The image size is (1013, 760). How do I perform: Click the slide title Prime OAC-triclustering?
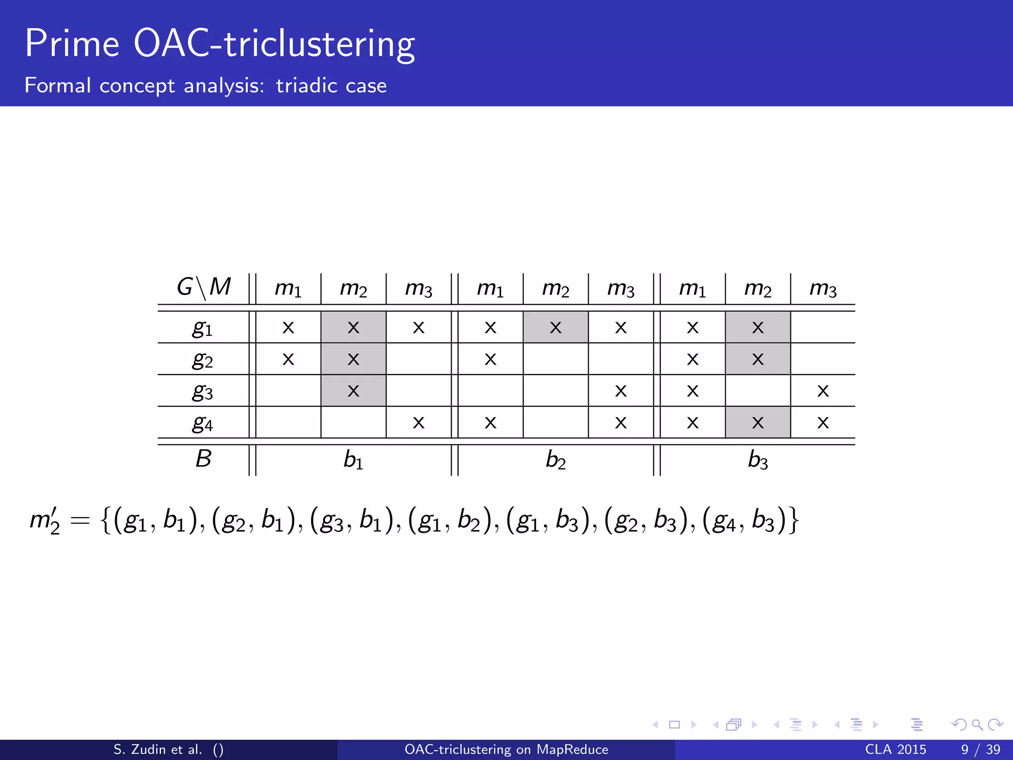click(220, 45)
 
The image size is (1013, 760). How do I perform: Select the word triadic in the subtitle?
click(307, 86)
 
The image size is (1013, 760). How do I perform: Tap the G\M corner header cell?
click(203, 287)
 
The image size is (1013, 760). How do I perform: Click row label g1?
click(202, 328)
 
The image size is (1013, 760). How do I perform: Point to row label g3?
click(202, 391)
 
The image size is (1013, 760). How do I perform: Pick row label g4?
click(202, 423)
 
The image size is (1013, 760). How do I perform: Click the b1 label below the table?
click(353, 460)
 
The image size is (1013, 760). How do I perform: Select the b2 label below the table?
click(555, 460)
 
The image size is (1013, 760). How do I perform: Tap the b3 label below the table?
click(757, 460)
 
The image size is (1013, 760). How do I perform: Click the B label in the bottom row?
click(203, 459)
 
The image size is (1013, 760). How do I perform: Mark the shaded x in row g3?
click(353, 391)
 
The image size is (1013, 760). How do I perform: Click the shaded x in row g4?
click(757, 423)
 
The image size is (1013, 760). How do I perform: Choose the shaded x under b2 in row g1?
click(555, 328)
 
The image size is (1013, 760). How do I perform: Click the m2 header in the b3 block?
click(757, 288)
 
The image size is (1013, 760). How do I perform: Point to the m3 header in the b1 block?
click(418, 288)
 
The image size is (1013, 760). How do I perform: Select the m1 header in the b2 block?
click(490, 288)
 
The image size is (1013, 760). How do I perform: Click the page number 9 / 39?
click(980, 750)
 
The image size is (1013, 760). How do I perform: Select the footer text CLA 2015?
click(895, 750)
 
